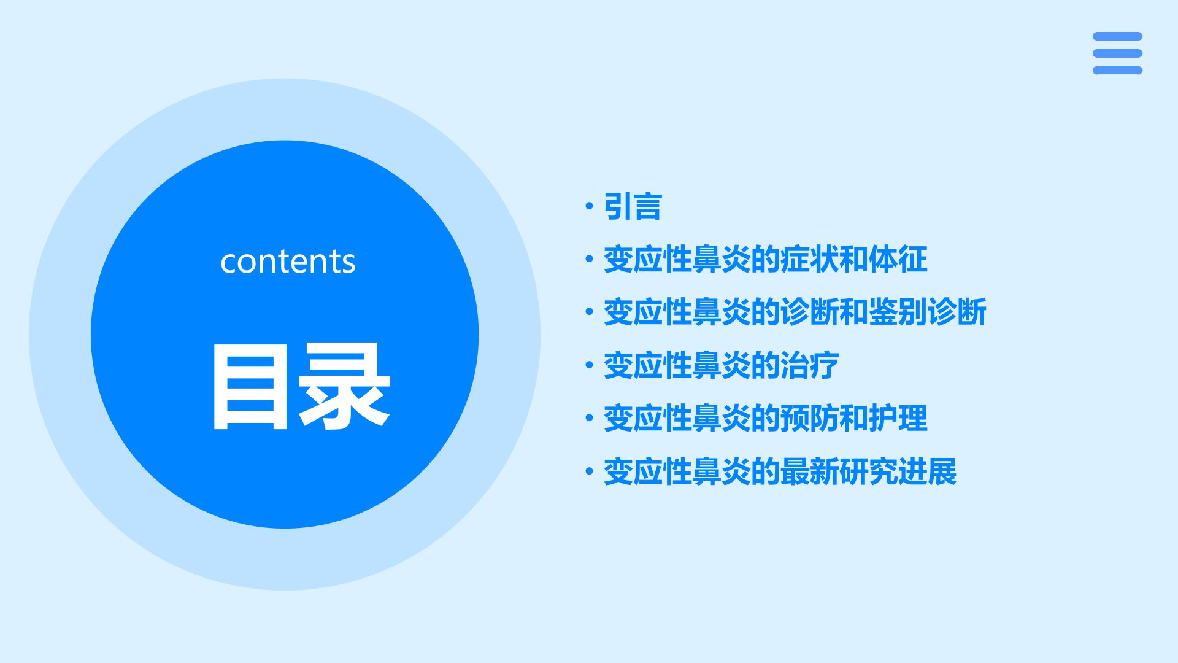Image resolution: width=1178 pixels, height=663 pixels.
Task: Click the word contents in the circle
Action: coord(288,262)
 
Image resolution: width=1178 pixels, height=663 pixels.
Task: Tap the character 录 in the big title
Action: coord(345,386)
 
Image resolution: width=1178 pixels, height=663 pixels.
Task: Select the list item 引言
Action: coord(633,206)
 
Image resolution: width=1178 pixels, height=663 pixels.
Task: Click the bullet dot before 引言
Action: coord(590,206)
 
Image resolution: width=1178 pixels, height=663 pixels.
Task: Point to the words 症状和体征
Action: coord(853,259)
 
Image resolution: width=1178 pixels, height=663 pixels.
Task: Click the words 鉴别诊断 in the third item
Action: coord(927,312)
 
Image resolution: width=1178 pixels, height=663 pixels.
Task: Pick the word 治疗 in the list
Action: coord(809,365)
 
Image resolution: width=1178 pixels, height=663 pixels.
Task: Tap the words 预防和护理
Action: coord(853,418)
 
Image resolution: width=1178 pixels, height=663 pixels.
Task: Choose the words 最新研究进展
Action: coord(868,471)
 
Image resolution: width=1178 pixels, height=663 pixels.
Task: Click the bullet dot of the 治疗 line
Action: coord(590,365)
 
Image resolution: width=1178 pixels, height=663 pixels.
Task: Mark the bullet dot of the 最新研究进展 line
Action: coord(590,471)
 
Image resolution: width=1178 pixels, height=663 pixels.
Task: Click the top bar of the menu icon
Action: coord(1117,36)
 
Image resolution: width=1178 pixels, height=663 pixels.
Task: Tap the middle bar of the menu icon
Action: coord(1117,53)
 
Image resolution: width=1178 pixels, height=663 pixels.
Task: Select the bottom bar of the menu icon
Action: coord(1117,71)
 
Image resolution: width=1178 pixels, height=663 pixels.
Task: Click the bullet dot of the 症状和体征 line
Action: coord(590,259)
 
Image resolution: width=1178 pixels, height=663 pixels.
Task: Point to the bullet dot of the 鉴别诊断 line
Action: coord(590,312)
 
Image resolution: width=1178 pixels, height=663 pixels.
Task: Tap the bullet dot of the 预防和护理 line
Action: coord(590,418)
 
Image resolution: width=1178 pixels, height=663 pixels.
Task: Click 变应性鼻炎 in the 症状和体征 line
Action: coord(677,259)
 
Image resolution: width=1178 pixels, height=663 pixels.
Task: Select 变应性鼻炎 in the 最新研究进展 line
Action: coord(677,471)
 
